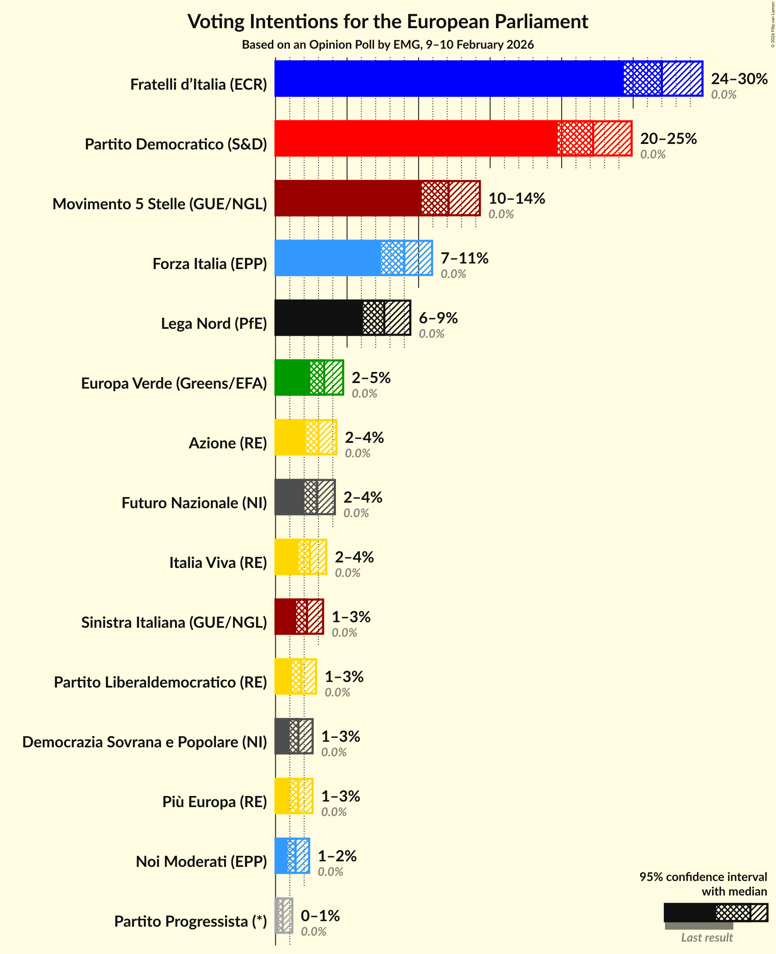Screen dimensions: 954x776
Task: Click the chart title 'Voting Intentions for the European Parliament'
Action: [x=388, y=21]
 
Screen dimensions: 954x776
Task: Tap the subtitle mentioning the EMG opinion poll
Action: [x=388, y=45]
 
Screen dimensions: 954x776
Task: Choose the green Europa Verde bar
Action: [x=292, y=378]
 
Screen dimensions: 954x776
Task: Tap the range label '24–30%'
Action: [x=739, y=79]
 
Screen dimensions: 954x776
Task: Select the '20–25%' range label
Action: [x=668, y=139]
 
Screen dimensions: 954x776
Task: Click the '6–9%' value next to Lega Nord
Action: [x=438, y=318]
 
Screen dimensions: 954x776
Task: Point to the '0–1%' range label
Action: [x=320, y=916]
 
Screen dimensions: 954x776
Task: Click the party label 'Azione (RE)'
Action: [x=228, y=443]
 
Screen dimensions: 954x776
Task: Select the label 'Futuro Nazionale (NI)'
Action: [x=194, y=503]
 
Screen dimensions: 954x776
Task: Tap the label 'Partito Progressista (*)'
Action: [x=190, y=922]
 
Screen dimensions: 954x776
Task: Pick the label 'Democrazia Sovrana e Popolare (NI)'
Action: [x=144, y=742]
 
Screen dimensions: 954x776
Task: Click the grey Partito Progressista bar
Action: [x=284, y=916]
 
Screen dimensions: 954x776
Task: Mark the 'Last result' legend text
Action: [x=706, y=937]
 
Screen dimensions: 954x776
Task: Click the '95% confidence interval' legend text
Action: [x=703, y=877]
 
